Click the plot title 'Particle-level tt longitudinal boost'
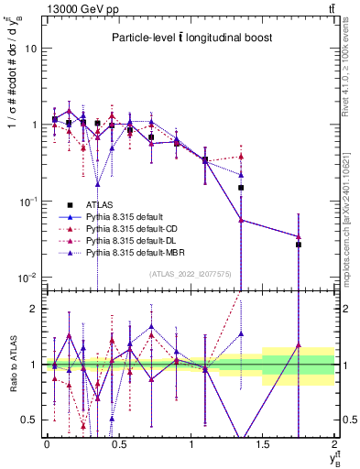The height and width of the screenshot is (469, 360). tap(188, 38)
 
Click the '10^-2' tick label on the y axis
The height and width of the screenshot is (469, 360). tap(27, 277)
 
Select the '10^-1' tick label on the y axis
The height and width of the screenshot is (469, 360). tap(27, 201)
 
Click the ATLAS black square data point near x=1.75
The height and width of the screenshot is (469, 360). tap(299, 245)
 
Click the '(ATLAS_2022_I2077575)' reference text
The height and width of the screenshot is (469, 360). tap(190, 274)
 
